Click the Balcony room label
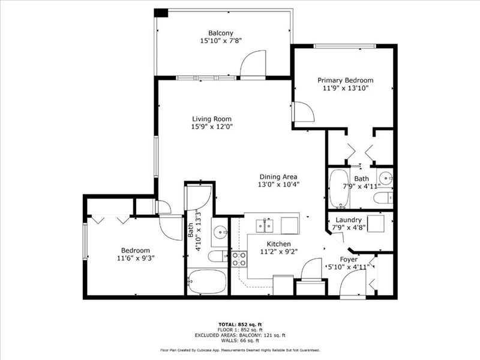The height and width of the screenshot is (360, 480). [x=221, y=33]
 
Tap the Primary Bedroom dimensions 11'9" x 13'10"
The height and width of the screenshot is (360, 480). [x=346, y=88]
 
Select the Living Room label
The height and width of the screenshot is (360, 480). [x=212, y=119]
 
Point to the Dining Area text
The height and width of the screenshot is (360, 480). [x=278, y=176]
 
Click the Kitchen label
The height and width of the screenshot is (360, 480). [x=278, y=244]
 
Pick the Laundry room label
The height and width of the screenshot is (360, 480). [x=349, y=220]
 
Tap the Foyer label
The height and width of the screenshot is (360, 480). [x=349, y=260]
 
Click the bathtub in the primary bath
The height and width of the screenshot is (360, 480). [x=339, y=188]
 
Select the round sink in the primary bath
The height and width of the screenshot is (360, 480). [x=385, y=178]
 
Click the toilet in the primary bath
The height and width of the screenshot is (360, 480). [x=383, y=198]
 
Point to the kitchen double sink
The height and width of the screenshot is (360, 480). [x=265, y=226]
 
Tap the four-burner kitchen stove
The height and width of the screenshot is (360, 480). [x=239, y=259]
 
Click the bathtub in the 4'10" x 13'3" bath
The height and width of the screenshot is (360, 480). [x=207, y=281]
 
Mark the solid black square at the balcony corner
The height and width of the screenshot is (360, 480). [x=161, y=13]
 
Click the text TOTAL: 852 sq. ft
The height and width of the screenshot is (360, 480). [x=240, y=325]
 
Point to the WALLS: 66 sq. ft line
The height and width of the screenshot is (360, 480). [x=240, y=340]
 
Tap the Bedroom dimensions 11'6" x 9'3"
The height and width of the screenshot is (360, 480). [x=136, y=258]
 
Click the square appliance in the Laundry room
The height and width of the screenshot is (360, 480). [x=376, y=224]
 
